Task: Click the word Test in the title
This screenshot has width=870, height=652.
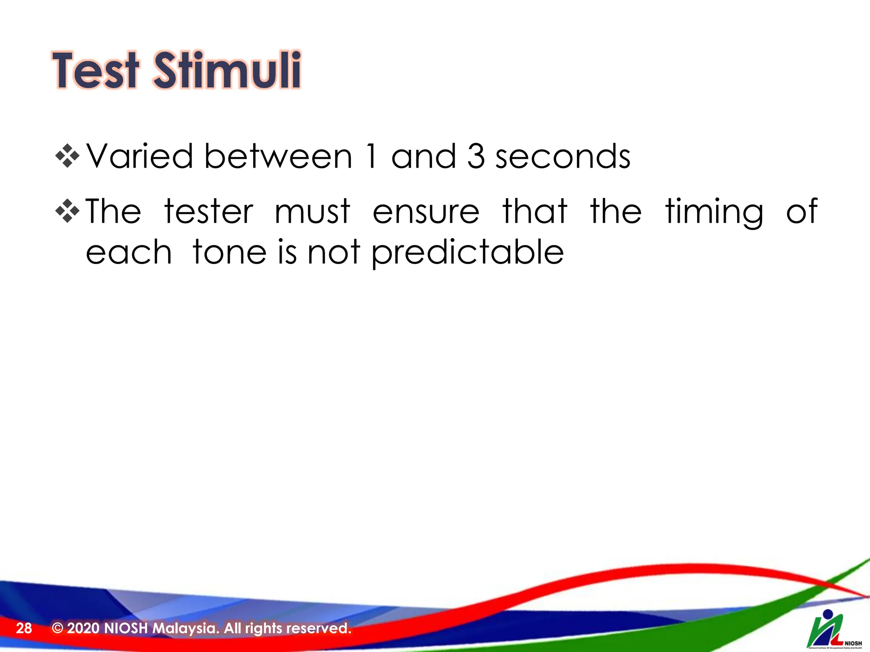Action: [x=96, y=71]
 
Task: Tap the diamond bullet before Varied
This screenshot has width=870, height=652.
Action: [x=68, y=156]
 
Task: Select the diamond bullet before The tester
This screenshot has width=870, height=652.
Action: [x=68, y=211]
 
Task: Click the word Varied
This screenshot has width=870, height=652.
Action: [x=140, y=156]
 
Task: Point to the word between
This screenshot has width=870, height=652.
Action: [x=278, y=156]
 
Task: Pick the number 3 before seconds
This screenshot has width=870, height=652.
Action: [x=476, y=156]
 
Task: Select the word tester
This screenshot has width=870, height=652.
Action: [x=209, y=211]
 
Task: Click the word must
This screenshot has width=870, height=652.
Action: [x=312, y=211]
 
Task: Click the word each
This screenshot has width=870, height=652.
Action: [x=129, y=252]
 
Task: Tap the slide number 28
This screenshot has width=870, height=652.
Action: [x=24, y=628]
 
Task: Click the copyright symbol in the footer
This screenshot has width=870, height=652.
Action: [x=57, y=628]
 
